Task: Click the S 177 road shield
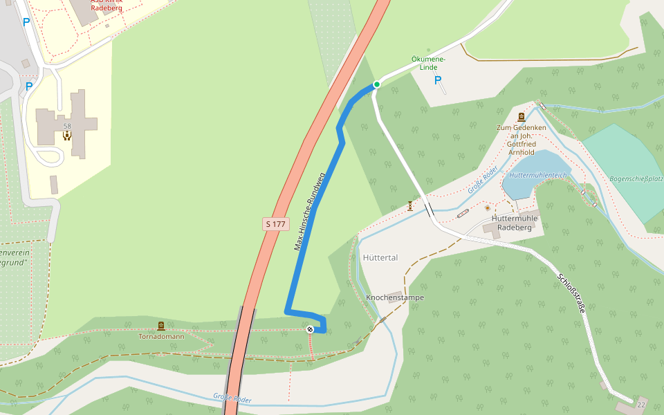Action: pyautogui.click(x=275, y=224)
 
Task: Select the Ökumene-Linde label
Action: pyautogui.click(x=428, y=64)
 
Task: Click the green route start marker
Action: pyautogui.click(x=377, y=84)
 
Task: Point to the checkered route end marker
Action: pyautogui.click(x=311, y=329)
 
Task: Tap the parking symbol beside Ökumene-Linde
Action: pyautogui.click(x=437, y=81)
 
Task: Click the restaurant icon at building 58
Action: pyautogui.click(x=67, y=136)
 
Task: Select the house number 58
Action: pyautogui.click(x=67, y=126)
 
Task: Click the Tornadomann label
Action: pyautogui.click(x=161, y=337)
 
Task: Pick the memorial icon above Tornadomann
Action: pyautogui.click(x=161, y=326)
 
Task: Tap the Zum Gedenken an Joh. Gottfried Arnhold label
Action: pyautogui.click(x=522, y=140)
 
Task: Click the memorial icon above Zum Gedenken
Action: pyautogui.click(x=521, y=117)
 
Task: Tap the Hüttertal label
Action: pyautogui.click(x=380, y=257)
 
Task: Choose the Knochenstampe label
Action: pyautogui.click(x=395, y=297)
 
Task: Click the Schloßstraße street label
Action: pyautogui.click(x=571, y=294)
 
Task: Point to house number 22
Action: pyautogui.click(x=641, y=404)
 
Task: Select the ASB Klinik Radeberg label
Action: pyautogui.click(x=107, y=4)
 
